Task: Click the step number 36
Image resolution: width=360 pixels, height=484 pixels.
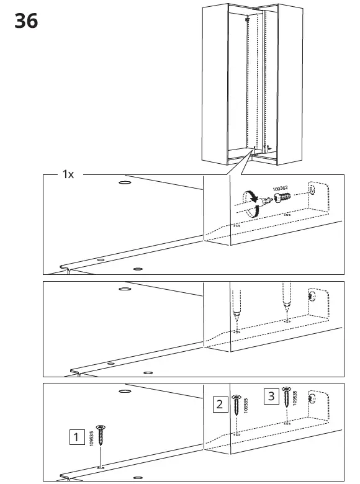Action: [25, 20]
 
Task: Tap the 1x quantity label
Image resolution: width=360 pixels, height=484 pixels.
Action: [68, 175]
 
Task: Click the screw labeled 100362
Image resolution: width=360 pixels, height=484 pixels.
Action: [279, 196]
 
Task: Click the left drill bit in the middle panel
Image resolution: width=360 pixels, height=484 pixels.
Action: [236, 305]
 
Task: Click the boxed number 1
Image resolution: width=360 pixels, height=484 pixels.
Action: [76, 437]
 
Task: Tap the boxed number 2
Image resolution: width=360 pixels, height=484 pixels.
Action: [219, 404]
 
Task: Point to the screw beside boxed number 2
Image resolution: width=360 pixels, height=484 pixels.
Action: [236, 406]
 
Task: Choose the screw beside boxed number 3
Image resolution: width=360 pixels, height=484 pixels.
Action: [286, 399]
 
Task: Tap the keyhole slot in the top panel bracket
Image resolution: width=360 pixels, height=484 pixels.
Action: [313, 189]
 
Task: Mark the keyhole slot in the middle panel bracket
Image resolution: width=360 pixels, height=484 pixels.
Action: [313, 298]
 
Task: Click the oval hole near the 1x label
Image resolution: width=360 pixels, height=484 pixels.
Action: [124, 184]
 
